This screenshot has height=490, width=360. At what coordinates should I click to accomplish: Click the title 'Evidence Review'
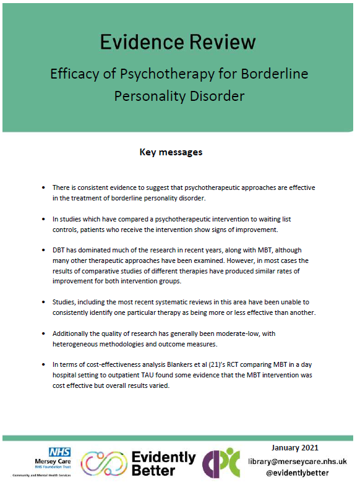(178, 41)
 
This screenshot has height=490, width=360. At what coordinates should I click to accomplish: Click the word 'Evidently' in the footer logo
(165, 457)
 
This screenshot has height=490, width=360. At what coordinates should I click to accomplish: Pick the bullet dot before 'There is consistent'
(43, 187)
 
